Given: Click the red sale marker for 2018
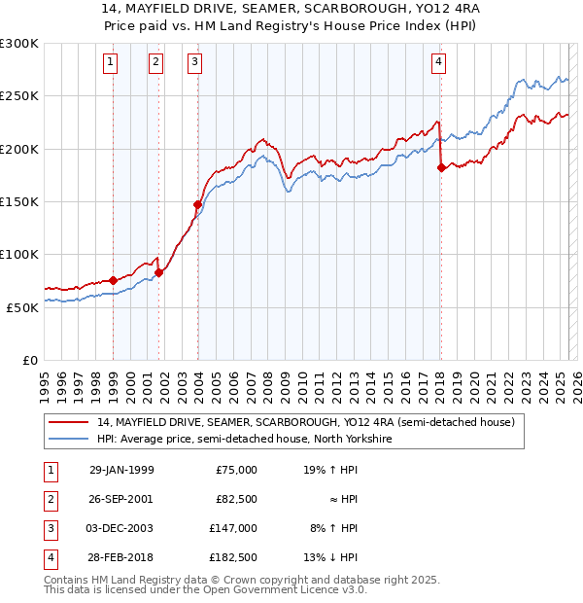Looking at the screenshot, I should click(x=441, y=167).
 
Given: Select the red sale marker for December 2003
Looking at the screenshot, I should click(x=197, y=204).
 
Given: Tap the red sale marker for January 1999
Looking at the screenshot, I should click(x=113, y=280).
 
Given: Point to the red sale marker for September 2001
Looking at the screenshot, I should click(x=159, y=272).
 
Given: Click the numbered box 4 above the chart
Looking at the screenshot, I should click(x=439, y=62).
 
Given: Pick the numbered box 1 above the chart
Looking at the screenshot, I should click(x=111, y=62).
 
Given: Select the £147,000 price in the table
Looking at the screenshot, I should click(x=234, y=528).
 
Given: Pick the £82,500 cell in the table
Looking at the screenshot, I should click(x=237, y=499).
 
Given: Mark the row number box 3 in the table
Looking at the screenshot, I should click(x=49, y=528).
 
